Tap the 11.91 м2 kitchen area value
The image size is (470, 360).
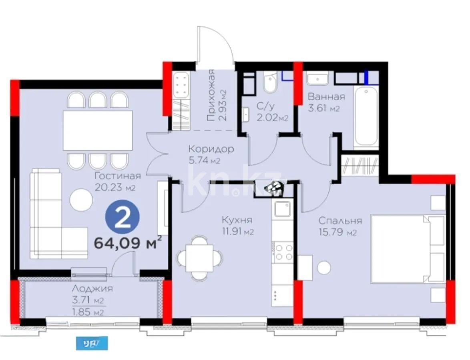[238, 231]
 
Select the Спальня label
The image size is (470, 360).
[340, 220]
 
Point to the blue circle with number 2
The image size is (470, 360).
[122, 219]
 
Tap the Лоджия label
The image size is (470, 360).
[92, 288]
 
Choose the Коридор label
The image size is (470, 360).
[211, 149]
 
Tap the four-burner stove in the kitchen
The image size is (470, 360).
[283, 252]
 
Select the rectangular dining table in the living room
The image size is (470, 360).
[98, 130]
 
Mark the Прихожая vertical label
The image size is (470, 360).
[211, 95]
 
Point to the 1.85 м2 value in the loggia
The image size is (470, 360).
[88, 312]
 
